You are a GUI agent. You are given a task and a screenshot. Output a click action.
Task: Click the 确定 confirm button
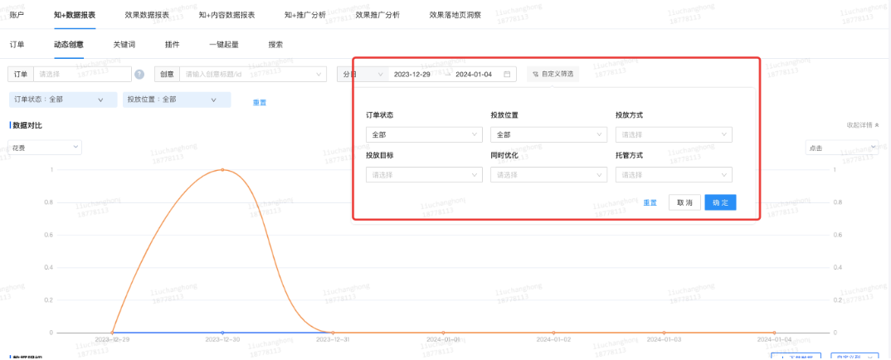click(720, 202)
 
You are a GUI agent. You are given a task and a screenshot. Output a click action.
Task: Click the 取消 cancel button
click(684, 202)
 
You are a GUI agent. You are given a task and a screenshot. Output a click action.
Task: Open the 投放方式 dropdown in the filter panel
click(674, 134)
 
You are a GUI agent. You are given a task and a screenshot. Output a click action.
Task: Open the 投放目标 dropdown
click(423, 175)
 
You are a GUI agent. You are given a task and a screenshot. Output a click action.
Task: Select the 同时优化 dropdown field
click(548, 175)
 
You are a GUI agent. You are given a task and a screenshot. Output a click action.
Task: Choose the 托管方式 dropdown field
click(674, 175)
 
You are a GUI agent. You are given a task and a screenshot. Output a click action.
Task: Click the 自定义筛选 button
click(553, 74)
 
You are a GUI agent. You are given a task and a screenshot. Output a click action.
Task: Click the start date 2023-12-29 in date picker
click(412, 74)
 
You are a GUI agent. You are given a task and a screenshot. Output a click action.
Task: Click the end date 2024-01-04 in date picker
click(475, 74)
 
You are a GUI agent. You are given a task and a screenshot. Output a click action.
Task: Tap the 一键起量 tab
click(223, 44)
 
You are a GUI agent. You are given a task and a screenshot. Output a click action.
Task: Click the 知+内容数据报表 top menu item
click(227, 15)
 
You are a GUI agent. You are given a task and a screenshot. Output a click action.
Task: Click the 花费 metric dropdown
click(45, 147)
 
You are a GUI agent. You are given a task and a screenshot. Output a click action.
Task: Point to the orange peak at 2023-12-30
click(222, 169)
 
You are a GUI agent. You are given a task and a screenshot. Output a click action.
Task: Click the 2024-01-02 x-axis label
click(553, 339)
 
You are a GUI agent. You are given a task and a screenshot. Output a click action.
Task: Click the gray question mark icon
click(139, 75)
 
